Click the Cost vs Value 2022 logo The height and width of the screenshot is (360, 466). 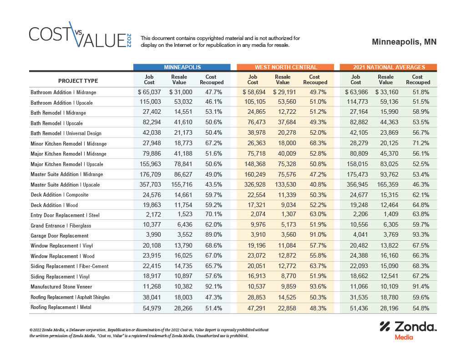(80, 35)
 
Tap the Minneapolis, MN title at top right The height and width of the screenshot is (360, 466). (404, 42)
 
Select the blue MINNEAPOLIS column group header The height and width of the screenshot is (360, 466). (182, 67)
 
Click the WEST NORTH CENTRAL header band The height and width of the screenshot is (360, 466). (285, 67)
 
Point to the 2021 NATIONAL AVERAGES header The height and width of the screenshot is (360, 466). (389, 67)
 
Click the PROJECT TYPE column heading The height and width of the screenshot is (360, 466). (78, 81)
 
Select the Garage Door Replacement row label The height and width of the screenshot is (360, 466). (60, 236)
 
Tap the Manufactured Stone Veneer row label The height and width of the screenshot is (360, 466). (61, 287)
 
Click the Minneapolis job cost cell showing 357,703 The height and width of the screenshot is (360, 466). (150, 185)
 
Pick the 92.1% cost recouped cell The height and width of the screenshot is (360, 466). (214, 287)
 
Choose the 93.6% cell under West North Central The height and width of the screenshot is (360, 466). (318, 287)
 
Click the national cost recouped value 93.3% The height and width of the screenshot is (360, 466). (421, 235)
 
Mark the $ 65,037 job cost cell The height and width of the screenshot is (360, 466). (149, 92)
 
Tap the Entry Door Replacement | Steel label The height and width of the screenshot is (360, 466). (65, 215)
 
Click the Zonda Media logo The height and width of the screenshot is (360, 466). (408, 330)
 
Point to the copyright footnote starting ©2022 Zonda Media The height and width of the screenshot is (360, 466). (149, 333)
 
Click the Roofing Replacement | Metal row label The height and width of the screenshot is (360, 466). (61, 307)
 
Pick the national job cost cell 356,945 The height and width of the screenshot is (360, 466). (357, 185)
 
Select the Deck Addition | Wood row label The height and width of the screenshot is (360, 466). (54, 205)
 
